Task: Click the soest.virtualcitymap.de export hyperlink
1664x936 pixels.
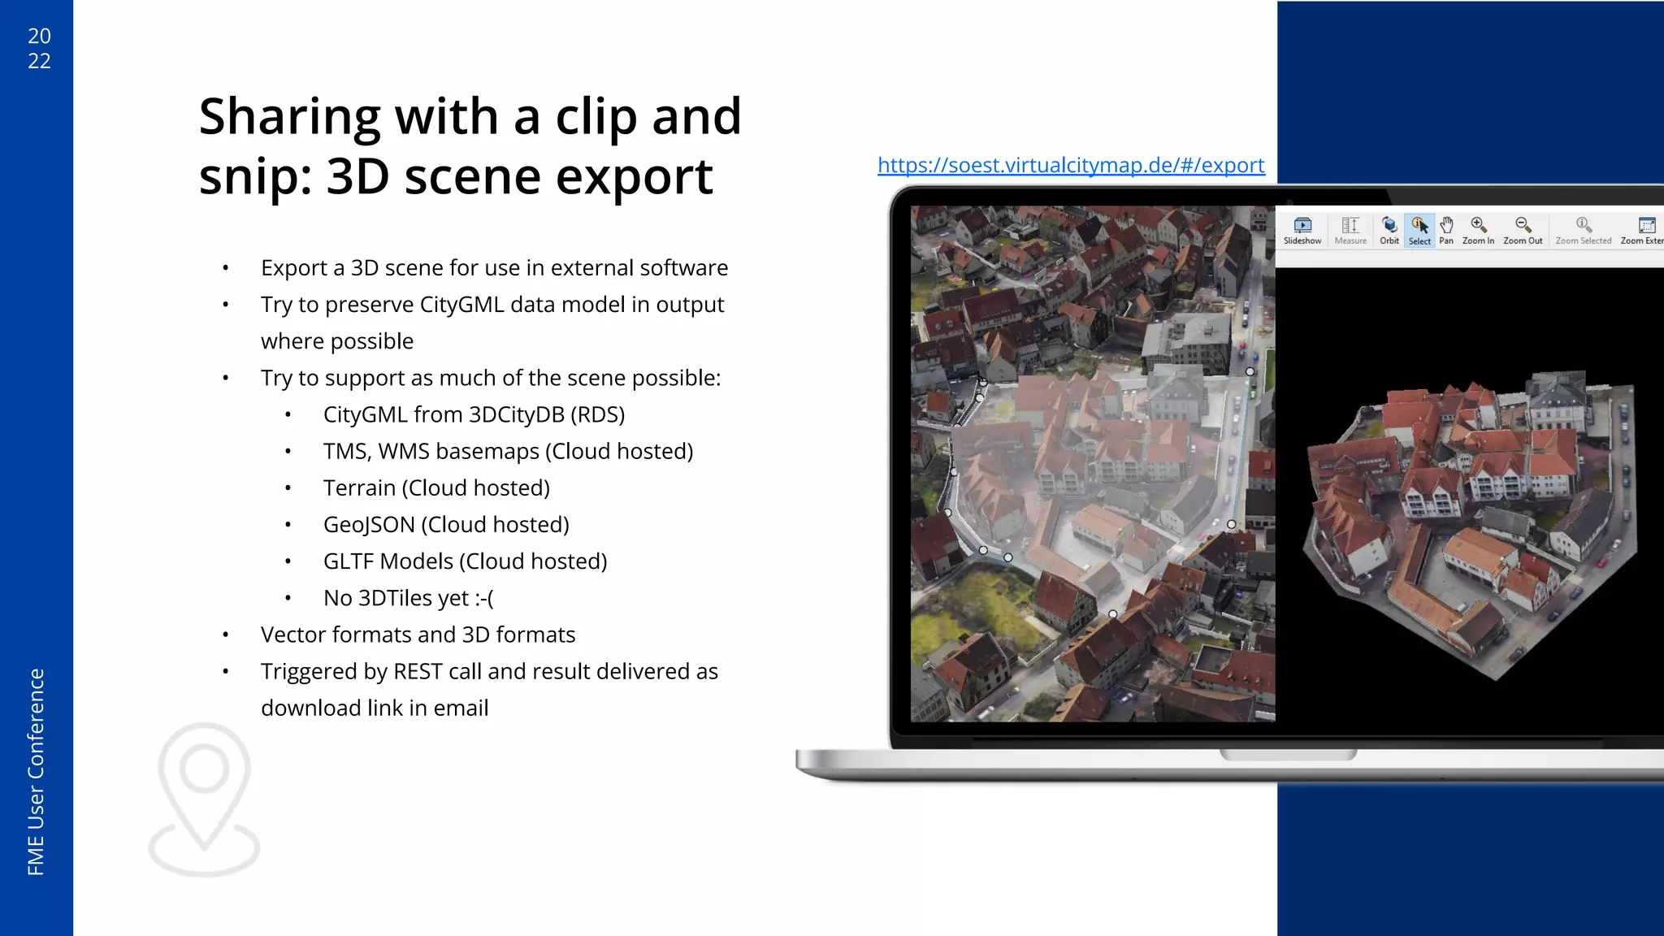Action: (1071, 165)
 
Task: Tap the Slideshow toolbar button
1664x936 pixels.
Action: (1302, 230)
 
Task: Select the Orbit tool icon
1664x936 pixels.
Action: (1389, 230)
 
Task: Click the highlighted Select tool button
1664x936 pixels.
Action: (1419, 230)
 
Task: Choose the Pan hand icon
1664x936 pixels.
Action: (1446, 230)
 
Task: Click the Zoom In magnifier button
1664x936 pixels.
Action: (1478, 230)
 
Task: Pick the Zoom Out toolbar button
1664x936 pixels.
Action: (1523, 230)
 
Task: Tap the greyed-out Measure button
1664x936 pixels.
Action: (1350, 230)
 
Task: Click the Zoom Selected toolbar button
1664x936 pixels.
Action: (1583, 230)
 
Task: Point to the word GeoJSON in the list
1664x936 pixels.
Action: (369, 525)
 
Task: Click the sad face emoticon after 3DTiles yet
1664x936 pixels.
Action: (484, 599)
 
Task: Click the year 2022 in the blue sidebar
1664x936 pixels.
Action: (39, 48)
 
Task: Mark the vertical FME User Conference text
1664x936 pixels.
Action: (36, 771)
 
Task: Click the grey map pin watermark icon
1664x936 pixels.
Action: (204, 799)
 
